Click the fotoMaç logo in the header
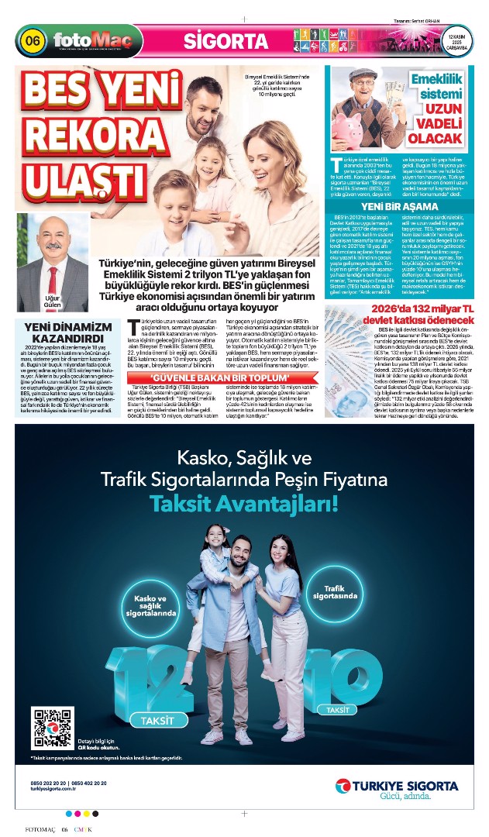coord(85,40)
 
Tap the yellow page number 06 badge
coord(32,40)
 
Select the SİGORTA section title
coord(215,41)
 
